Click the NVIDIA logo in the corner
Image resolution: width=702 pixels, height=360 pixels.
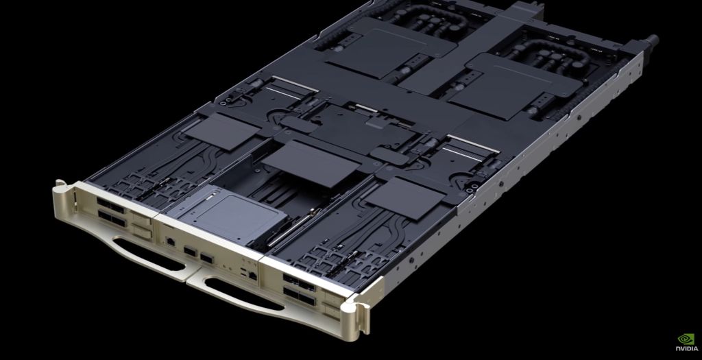click(685, 343)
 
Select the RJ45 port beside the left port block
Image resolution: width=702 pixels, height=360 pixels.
click(169, 242)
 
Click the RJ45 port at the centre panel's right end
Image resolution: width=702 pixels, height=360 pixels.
click(252, 274)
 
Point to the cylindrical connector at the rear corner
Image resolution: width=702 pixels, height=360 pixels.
click(649, 42)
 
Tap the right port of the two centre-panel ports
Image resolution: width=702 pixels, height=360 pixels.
click(206, 258)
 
